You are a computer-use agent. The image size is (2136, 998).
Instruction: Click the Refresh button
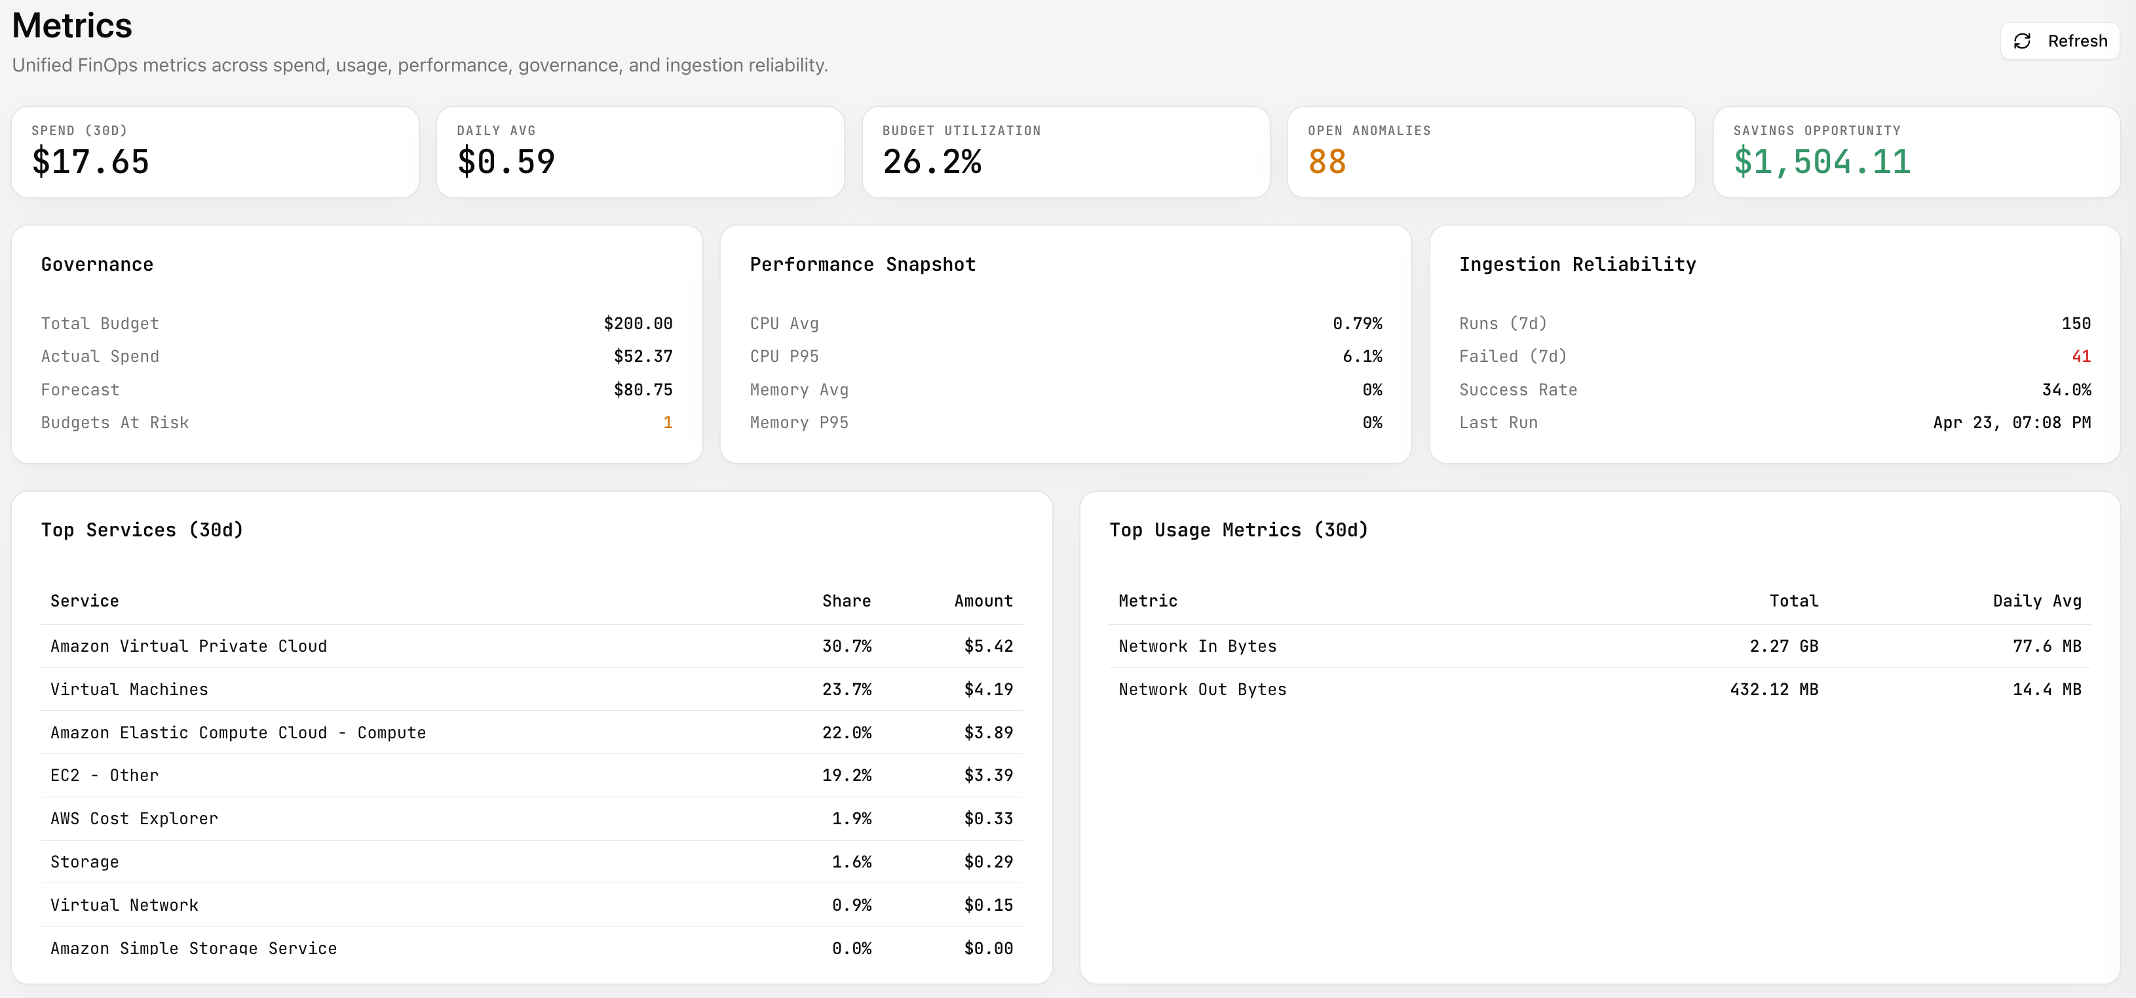[x=2060, y=41]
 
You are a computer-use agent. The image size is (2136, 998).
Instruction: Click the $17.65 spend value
[x=90, y=161]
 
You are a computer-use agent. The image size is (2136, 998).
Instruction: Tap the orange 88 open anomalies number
[x=1327, y=161]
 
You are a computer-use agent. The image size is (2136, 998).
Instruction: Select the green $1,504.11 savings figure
[x=1821, y=161]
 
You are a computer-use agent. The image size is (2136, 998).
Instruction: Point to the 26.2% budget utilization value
[x=932, y=161]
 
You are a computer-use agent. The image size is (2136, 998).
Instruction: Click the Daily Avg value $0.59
[x=506, y=161]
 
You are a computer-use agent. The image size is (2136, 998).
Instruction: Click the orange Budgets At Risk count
[x=668, y=422]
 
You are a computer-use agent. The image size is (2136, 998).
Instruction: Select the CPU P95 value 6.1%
[x=1362, y=357]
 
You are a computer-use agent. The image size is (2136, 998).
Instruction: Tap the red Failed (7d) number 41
[x=2080, y=357]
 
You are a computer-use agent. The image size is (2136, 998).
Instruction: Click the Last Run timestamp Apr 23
[x=2012, y=422]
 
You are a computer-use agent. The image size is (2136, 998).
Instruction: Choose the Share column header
[x=846, y=601]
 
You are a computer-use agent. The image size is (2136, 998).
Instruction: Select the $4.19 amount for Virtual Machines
[x=989, y=689]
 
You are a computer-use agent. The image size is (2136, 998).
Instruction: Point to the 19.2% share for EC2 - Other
[x=846, y=776]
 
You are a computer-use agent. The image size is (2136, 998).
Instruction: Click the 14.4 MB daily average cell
[x=2046, y=689]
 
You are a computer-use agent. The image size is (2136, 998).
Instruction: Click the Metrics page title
[x=72, y=26]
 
